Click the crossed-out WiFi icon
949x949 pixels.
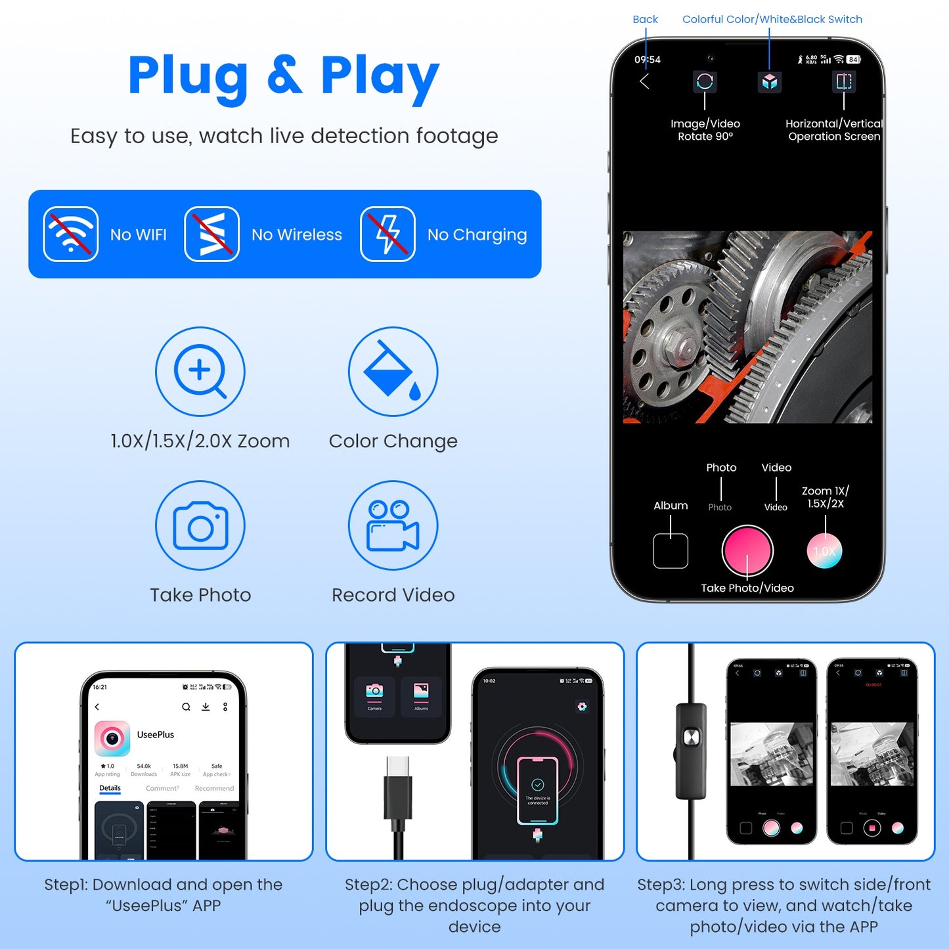[x=71, y=234]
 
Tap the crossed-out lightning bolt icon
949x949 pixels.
[x=387, y=234]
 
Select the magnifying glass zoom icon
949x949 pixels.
[x=200, y=372]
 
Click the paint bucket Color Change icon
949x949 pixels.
[x=393, y=372]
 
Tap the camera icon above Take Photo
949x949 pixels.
[x=200, y=525]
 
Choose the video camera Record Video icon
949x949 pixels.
[x=393, y=525]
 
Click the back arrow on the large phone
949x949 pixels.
[x=644, y=81]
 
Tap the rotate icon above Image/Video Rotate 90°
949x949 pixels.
[x=705, y=81]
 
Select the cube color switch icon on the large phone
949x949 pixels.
[x=770, y=82]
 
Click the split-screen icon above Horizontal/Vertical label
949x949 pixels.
[x=844, y=81]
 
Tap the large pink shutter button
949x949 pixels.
[x=747, y=551]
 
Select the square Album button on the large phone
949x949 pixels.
[x=671, y=551]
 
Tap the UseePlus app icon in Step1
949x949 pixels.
[x=112, y=738]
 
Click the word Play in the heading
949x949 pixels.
[x=380, y=76]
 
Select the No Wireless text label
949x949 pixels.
[x=297, y=234]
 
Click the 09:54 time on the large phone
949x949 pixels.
[x=648, y=60]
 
